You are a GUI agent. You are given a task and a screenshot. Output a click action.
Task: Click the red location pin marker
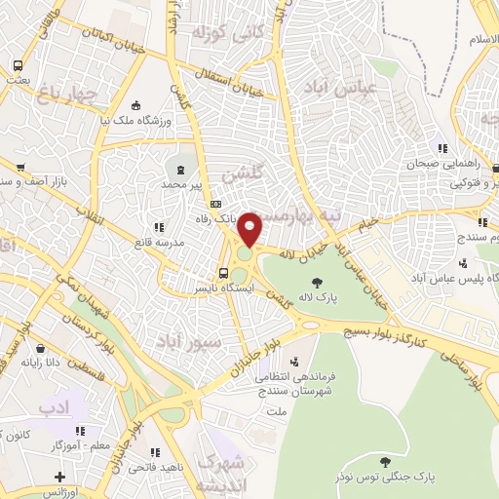(251, 228)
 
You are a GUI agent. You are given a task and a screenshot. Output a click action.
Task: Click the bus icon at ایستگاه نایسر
(224, 273)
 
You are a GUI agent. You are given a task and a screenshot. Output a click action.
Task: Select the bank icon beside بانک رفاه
(216, 205)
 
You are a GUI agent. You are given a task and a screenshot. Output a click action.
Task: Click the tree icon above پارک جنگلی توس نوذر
(388, 459)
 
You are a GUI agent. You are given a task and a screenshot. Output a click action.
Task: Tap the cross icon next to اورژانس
(59, 479)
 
